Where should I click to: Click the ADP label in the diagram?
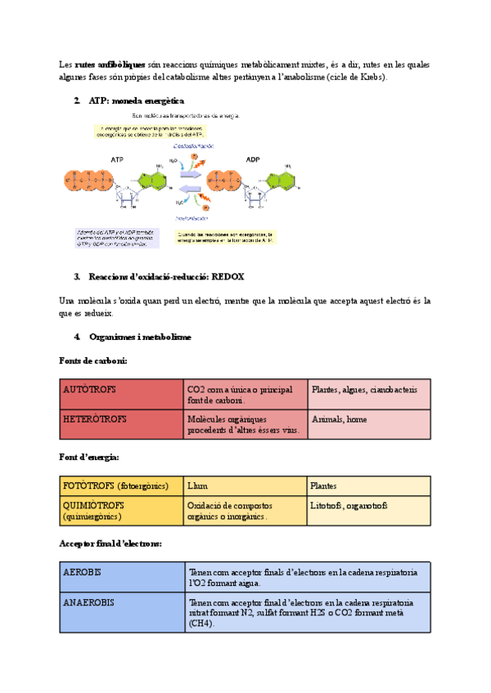pos(253,159)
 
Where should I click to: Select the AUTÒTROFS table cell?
pos(121,394)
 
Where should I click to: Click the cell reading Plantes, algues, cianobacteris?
pos(368,394)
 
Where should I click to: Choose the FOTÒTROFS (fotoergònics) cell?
pos(121,486)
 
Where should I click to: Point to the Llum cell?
pos(245,486)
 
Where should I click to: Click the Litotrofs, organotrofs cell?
pos(368,510)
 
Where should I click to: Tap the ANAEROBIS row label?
pos(122,612)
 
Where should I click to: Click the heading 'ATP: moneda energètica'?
pos(131,101)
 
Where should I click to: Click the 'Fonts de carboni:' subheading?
pos(93,360)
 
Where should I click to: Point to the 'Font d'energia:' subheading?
pos(89,457)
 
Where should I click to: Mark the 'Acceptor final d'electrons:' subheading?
pos(110,543)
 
